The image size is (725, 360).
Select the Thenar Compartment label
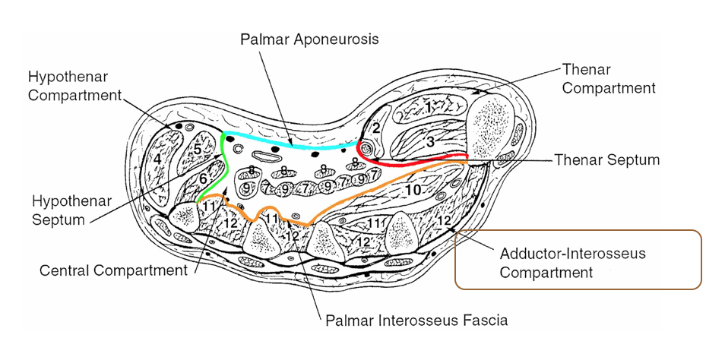coord(608,78)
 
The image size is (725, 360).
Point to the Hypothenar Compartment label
coord(74,86)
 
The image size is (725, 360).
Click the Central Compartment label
coord(113,270)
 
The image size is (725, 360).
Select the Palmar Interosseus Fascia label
coord(416,320)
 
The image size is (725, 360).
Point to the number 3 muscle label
coord(429,141)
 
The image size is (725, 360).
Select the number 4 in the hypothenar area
coord(157,159)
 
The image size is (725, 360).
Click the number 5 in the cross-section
coord(197,150)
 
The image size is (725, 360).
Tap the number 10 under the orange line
coord(412,190)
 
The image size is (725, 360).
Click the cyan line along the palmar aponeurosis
coord(289,143)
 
